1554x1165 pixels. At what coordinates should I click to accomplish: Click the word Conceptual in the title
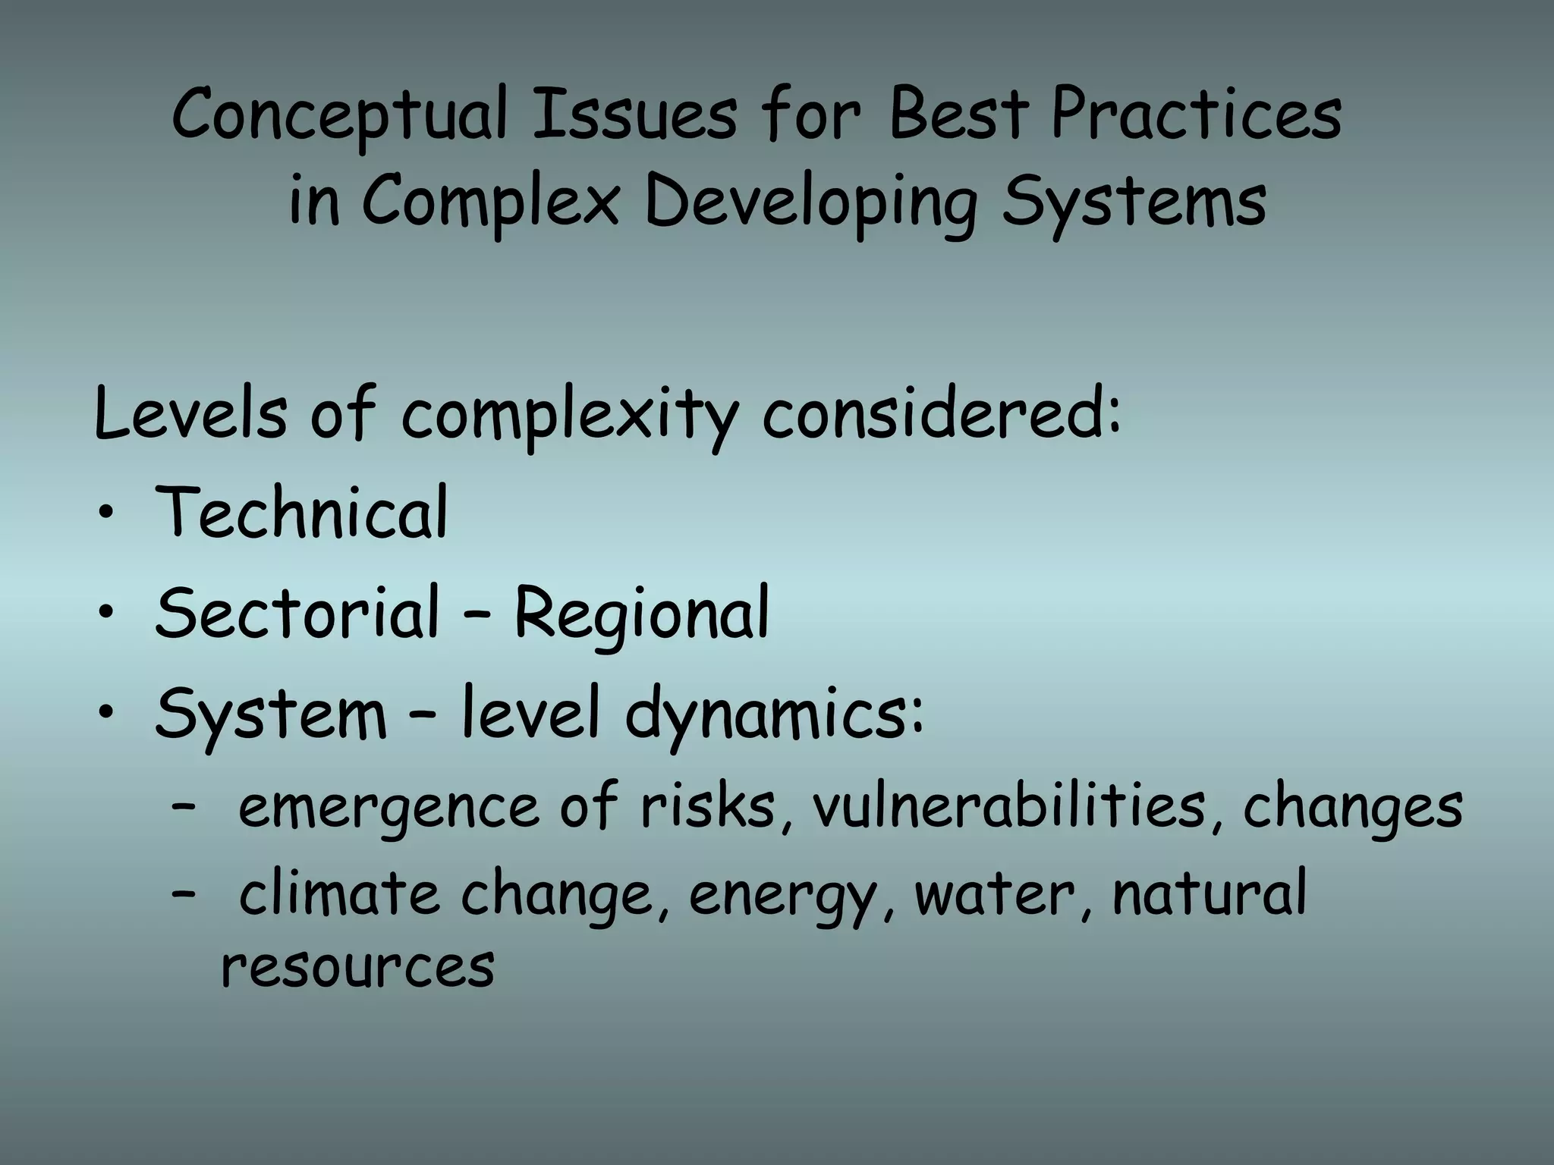(x=339, y=115)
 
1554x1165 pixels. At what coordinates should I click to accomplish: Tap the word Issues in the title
(x=634, y=115)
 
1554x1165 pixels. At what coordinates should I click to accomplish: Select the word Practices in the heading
(x=1197, y=115)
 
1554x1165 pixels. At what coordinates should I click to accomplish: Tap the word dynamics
(x=774, y=714)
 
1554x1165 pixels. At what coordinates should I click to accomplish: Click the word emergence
(x=388, y=809)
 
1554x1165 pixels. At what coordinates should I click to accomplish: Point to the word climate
(x=338, y=893)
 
